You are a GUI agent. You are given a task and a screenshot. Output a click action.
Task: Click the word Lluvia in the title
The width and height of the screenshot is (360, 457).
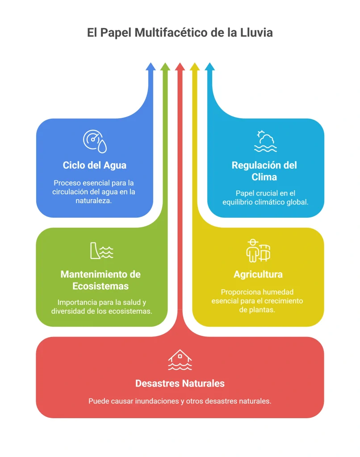(x=256, y=32)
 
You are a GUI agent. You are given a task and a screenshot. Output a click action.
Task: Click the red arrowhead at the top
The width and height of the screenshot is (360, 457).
(x=180, y=67)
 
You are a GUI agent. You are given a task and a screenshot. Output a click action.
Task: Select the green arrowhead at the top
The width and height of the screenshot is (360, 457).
(x=165, y=67)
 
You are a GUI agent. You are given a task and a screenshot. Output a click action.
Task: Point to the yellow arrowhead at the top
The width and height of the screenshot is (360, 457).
(x=195, y=67)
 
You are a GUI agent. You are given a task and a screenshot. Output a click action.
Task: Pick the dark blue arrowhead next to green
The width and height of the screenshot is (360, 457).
(x=151, y=67)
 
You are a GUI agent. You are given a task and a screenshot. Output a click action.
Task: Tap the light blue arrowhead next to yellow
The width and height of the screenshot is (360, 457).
(x=209, y=67)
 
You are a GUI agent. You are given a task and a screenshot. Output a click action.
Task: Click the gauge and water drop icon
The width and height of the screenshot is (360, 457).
(x=95, y=141)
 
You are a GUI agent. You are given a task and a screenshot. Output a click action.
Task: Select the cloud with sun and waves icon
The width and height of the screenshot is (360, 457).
(x=265, y=141)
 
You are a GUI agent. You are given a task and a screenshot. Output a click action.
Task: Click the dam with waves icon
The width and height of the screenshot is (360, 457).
(x=101, y=251)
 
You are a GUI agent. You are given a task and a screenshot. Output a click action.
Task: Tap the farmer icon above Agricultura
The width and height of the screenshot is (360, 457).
(x=258, y=251)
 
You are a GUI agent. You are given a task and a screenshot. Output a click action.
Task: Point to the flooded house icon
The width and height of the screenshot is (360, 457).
(x=180, y=360)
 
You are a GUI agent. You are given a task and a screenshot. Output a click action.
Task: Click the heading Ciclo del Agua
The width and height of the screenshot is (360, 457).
(x=95, y=165)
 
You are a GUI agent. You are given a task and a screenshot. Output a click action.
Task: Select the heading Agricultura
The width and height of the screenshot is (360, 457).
(x=258, y=274)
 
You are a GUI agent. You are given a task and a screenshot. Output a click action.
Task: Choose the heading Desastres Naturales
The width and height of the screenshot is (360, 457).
(x=180, y=383)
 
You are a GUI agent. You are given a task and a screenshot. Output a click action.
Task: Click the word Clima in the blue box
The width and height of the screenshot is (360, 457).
(x=264, y=177)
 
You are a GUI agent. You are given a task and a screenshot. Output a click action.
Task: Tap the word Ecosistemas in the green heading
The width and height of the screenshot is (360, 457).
(x=100, y=286)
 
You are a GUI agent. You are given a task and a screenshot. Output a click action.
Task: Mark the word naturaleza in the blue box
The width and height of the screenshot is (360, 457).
(x=94, y=200)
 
